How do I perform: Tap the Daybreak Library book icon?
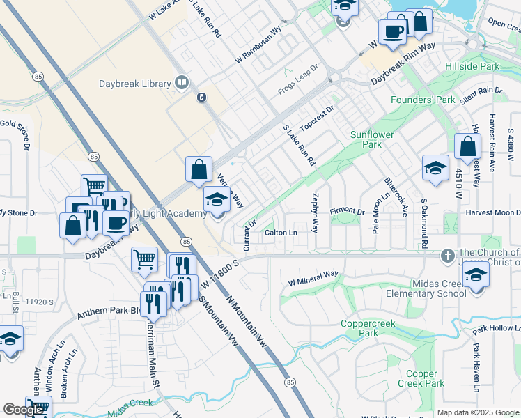tap(182, 84)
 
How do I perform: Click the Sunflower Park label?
tap(372, 139)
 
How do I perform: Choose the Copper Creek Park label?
tap(421, 379)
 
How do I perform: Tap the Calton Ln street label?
tap(281, 233)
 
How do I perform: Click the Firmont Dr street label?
tap(348, 210)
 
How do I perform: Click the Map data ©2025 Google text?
tap(477, 412)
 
